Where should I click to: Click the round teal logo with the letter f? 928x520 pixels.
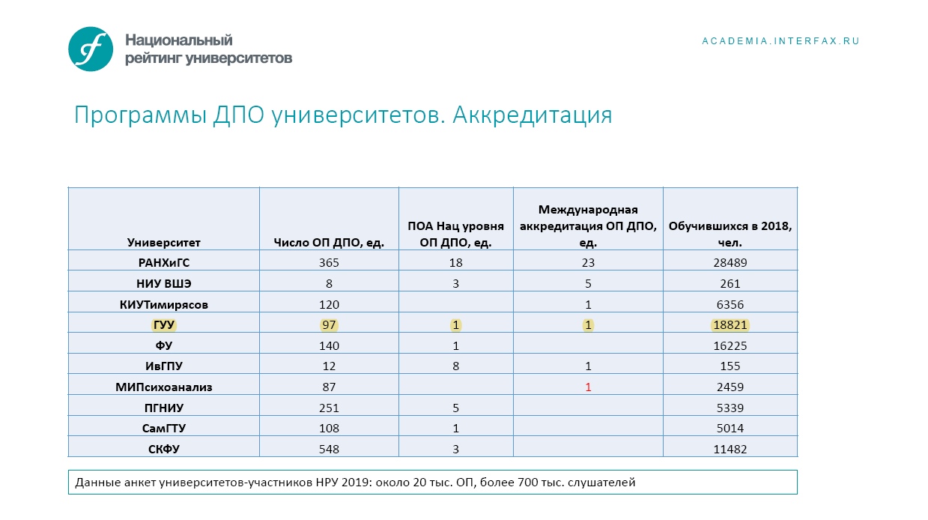(91, 49)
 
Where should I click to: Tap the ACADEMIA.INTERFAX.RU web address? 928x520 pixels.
(780, 41)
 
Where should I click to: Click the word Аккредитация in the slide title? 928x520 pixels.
(533, 115)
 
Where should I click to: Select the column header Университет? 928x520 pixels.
(163, 242)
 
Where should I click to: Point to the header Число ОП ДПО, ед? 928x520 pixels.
(329, 242)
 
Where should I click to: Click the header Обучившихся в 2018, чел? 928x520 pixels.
(730, 234)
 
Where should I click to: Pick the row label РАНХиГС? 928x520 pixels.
(163, 263)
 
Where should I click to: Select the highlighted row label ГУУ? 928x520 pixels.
(163, 325)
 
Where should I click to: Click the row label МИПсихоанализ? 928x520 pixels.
(163, 387)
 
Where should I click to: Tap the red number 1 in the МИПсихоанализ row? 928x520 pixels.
(588, 387)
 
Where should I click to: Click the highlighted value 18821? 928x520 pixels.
(730, 325)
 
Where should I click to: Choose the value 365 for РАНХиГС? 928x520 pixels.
(329, 263)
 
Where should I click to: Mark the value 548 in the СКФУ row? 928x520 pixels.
(329, 449)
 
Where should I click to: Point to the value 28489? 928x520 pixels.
(730, 263)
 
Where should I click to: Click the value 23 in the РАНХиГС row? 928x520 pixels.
(588, 263)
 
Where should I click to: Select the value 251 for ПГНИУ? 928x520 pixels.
(329, 408)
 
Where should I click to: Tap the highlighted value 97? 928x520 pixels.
(329, 325)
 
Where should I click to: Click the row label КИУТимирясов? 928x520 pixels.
(163, 305)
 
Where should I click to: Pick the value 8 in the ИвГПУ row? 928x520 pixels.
(455, 366)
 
